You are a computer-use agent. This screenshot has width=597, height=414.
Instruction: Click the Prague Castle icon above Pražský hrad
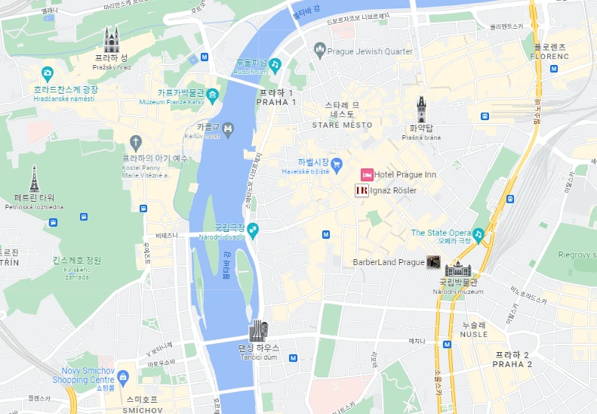coord(112,40)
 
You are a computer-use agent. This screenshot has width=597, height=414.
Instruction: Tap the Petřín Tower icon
coord(34,179)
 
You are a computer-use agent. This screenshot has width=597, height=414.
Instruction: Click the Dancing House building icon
coord(259,331)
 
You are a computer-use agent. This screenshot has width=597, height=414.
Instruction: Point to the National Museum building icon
coord(457,267)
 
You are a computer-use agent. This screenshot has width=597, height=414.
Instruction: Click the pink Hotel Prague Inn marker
coord(366,175)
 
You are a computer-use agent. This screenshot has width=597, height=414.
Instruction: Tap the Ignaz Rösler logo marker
coord(362,190)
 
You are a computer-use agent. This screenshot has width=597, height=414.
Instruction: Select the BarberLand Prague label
coord(389,262)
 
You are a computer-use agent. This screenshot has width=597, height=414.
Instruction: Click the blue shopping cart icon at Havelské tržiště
coord(338,163)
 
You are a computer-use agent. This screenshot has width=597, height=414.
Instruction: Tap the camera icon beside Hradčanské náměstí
coord(48,74)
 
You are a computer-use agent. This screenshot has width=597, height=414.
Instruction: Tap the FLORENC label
coord(549,57)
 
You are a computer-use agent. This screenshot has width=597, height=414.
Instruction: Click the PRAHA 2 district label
coord(512,364)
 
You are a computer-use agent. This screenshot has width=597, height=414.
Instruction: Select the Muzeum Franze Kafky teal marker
coord(213,95)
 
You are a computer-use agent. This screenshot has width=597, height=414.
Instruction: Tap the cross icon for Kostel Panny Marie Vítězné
coord(135,141)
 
